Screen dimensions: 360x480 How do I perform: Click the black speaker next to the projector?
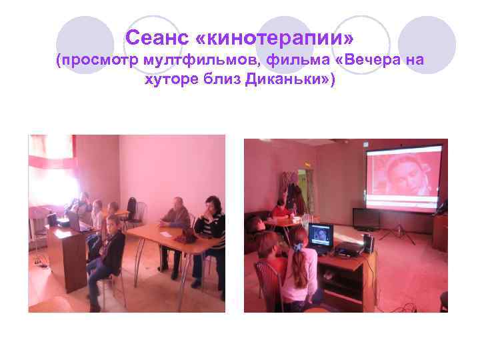click(368, 243)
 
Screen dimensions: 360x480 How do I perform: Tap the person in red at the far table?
click(280, 212)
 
